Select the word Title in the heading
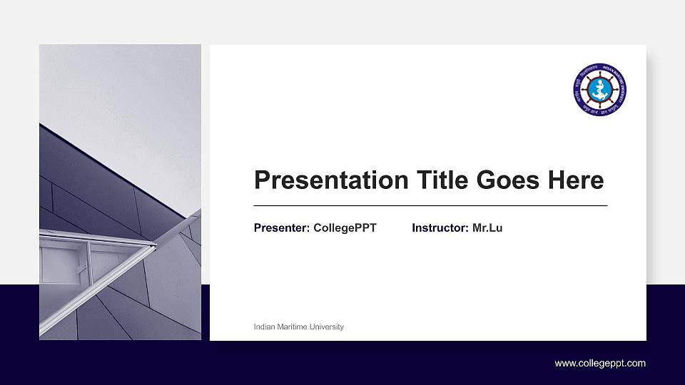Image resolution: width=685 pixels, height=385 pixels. click(x=429, y=180)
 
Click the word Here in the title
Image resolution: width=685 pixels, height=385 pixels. click(x=576, y=180)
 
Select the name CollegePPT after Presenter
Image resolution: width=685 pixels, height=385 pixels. click(x=345, y=228)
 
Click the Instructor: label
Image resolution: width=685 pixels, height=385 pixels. click(x=440, y=228)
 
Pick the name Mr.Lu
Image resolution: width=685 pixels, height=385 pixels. click(x=487, y=228)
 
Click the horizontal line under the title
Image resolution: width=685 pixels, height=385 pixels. click(x=430, y=205)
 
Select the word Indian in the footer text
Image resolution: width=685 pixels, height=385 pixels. click(x=264, y=327)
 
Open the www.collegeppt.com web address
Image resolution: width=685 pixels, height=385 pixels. click(x=600, y=364)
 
